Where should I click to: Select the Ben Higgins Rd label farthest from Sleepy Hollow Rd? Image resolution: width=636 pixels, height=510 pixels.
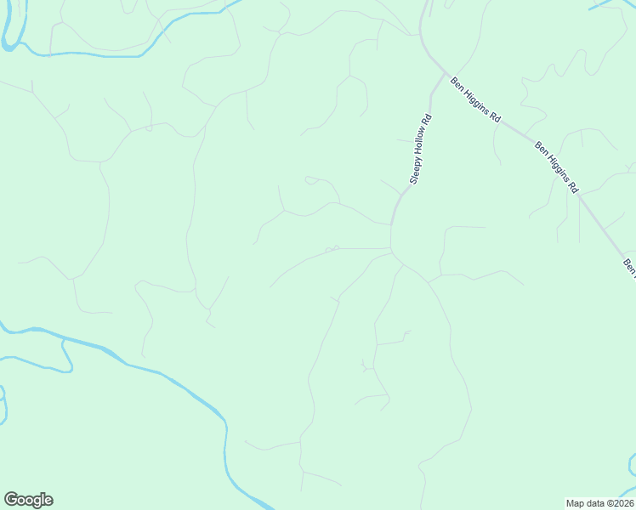tap(557, 167)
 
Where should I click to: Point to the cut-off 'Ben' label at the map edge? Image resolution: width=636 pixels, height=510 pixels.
tap(629, 267)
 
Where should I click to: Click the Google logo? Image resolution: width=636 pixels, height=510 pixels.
tap(28, 500)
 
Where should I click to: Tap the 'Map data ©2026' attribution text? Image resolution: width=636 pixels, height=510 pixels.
tap(599, 502)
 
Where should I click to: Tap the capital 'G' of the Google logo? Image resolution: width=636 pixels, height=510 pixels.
tap(11, 500)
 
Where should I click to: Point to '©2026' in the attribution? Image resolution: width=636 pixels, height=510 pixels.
tap(618, 502)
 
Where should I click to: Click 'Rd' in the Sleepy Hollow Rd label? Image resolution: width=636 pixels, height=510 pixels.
tap(428, 121)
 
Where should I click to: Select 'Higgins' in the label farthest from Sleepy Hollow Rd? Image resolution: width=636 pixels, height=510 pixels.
tap(557, 167)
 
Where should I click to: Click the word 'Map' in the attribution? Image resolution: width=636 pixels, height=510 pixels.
tap(576, 502)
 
